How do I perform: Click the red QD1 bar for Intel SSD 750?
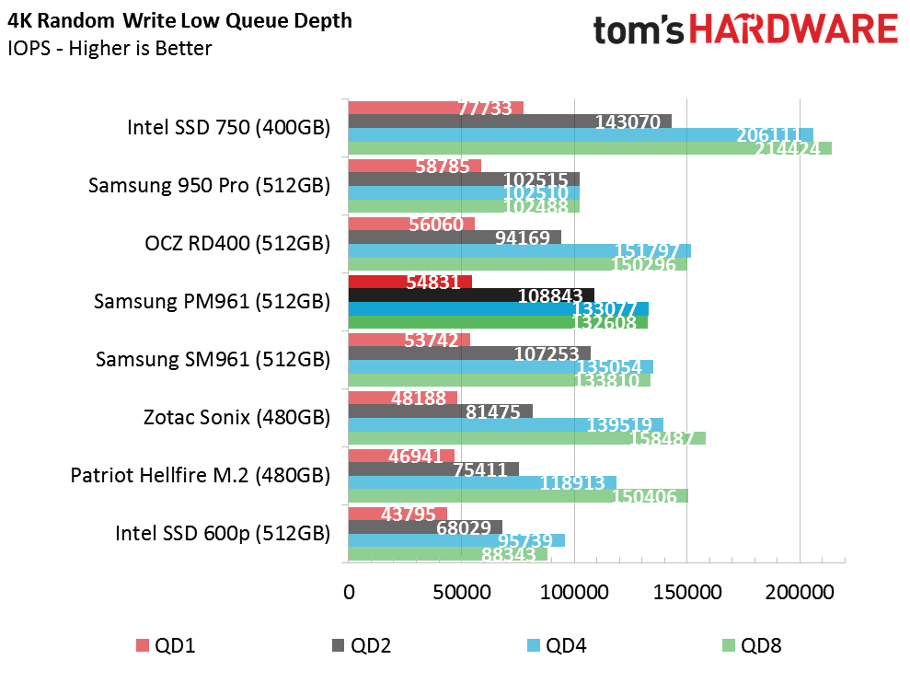436,108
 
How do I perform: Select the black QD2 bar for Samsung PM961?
471,295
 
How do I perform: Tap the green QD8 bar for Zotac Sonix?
527,438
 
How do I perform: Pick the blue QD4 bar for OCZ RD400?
520,251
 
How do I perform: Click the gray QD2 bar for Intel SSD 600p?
425,527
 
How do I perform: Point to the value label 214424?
787,149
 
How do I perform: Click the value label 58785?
443,167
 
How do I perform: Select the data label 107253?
547,353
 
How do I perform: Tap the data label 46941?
416,457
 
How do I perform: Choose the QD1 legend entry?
166,645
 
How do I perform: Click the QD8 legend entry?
752,645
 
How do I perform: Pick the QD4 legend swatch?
534,645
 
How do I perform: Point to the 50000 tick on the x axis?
462,593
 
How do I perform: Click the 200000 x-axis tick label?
800,593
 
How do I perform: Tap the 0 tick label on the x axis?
349,593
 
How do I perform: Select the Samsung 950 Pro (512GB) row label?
209,186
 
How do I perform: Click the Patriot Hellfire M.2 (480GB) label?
201,476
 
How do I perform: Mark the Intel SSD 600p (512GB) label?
223,533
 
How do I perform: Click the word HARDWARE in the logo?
794,29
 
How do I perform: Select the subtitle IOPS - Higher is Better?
109,48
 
